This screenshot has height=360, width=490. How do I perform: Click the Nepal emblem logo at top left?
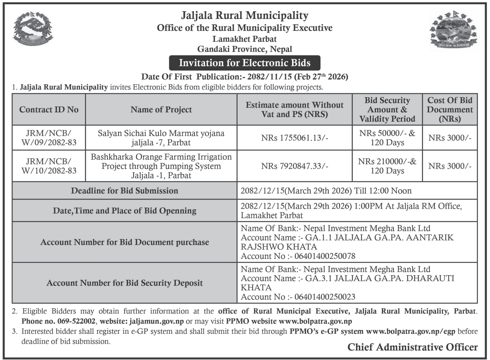pos(33,29)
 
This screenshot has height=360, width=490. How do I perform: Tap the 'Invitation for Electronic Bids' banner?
pos(245,63)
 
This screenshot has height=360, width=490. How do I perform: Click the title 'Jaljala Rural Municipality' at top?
pos(245,16)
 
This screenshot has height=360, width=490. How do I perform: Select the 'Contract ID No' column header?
pos(49,110)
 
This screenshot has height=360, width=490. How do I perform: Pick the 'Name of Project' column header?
pos(161,110)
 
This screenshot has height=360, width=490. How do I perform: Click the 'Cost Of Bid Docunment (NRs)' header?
pos(450,110)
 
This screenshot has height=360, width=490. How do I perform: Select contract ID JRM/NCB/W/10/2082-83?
pos(49,166)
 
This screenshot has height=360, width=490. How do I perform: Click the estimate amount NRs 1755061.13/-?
pos(294,138)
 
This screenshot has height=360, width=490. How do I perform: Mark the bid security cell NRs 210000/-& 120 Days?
pos(387,166)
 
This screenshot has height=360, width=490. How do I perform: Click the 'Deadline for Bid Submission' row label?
pos(125,191)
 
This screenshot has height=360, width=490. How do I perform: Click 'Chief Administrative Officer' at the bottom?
pos(412,347)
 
